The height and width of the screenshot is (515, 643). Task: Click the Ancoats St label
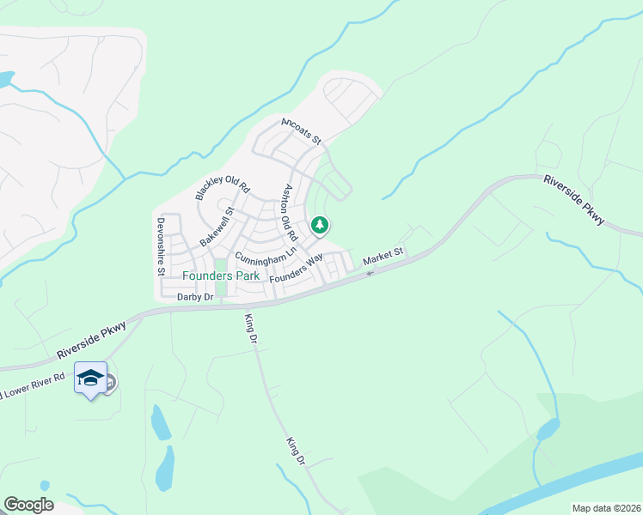pyautogui.click(x=301, y=130)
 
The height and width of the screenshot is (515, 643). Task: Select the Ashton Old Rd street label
pyautogui.click(x=290, y=212)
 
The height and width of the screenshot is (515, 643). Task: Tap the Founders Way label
pyautogui.click(x=296, y=269)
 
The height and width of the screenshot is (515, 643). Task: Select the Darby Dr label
pyautogui.click(x=194, y=297)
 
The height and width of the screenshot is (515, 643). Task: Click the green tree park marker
pyautogui.click(x=320, y=225)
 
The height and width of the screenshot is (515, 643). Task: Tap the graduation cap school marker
pyautogui.click(x=90, y=377)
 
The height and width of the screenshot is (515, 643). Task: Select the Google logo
pyautogui.click(x=28, y=505)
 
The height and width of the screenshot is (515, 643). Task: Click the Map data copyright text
pyautogui.click(x=606, y=508)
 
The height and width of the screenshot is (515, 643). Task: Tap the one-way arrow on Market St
pyautogui.click(x=370, y=273)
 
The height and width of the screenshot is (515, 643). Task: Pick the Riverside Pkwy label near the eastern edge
pyautogui.click(x=574, y=201)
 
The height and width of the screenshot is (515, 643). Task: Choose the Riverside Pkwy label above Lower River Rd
pyautogui.click(x=91, y=340)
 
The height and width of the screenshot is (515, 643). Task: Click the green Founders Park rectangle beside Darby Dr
pyautogui.click(x=222, y=290)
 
